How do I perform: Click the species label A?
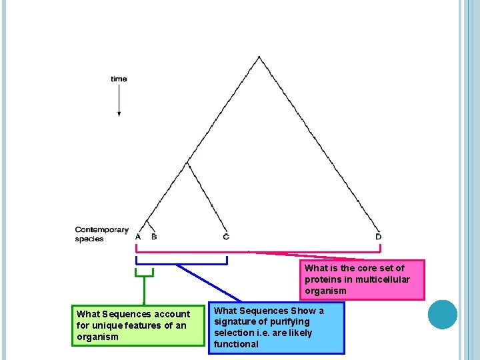138,237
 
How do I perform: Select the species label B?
154,237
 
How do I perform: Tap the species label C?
226,237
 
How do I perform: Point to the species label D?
379,237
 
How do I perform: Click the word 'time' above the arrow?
119,79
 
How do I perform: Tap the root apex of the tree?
259,57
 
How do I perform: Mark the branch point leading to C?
187,162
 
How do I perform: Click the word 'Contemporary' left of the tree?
101,230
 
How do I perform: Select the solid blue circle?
443,315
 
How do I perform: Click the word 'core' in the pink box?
370,268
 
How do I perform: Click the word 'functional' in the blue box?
236,344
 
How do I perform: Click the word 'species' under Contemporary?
89,239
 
